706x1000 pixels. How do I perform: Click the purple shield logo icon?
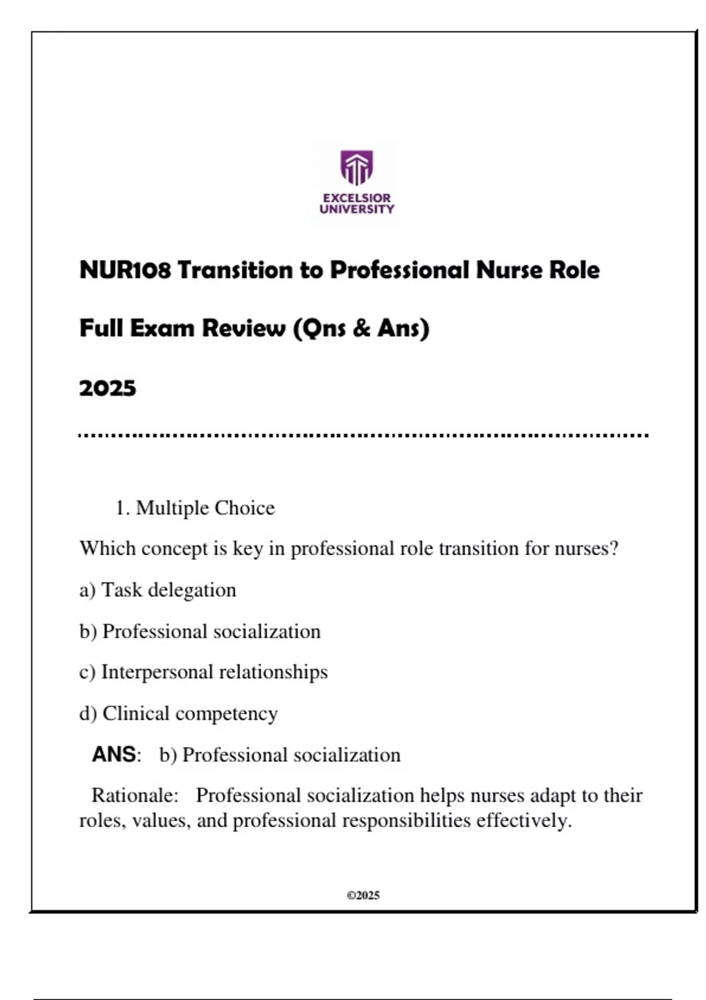click(357, 168)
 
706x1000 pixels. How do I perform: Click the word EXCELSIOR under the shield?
click(357, 198)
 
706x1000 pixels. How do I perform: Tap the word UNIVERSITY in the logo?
click(357, 209)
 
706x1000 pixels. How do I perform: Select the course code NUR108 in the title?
click(125, 271)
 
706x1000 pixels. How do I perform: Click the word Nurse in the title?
click(509, 271)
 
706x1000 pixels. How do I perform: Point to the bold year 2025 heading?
click(108, 388)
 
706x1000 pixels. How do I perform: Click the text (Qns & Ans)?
click(361, 328)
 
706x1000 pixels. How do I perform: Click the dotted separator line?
click(363, 436)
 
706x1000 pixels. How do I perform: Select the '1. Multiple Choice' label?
click(195, 508)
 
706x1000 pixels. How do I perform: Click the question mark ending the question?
click(614, 548)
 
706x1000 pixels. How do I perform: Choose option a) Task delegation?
click(158, 590)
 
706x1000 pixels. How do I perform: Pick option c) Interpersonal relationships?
click(204, 672)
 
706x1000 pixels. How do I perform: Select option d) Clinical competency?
click(178, 714)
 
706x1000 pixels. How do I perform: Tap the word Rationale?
click(135, 795)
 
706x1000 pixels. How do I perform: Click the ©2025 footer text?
click(363, 895)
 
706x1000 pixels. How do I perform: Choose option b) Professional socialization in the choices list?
click(200, 631)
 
